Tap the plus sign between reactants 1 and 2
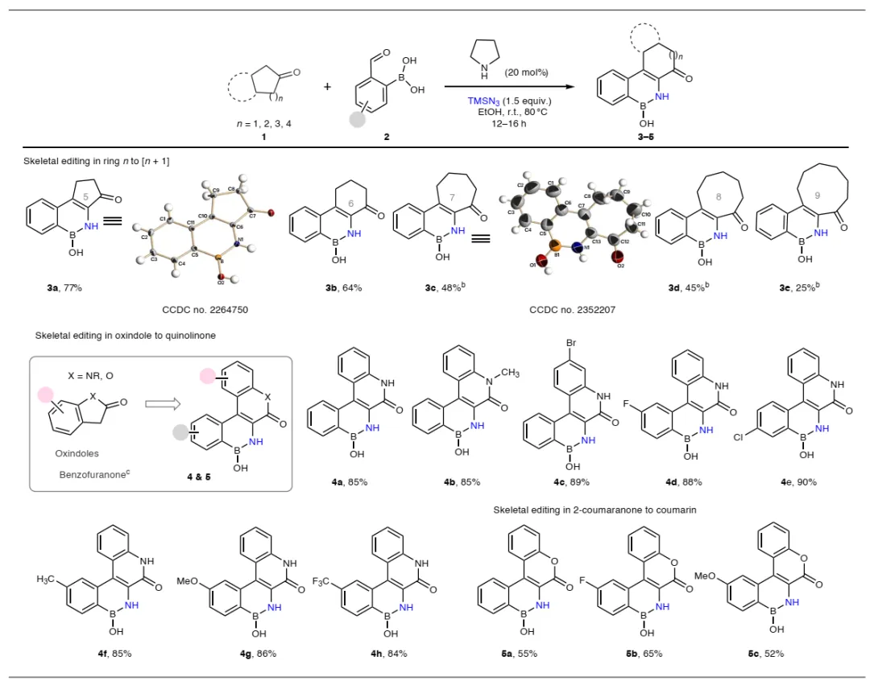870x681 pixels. click(327, 85)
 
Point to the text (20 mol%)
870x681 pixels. click(526, 72)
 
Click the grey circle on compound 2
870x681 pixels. click(358, 118)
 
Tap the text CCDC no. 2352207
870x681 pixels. click(573, 308)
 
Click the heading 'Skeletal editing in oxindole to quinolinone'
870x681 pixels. click(125, 335)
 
